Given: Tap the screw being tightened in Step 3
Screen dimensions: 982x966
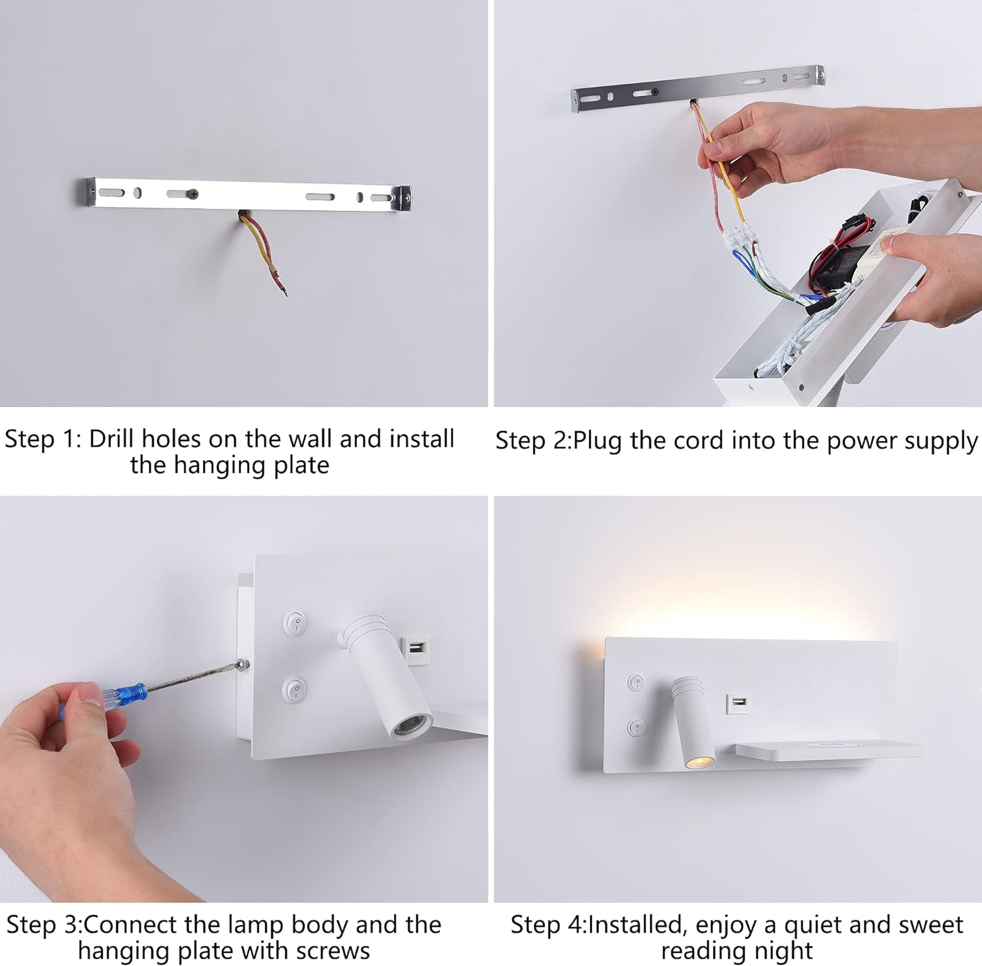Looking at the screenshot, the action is (x=244, y=665).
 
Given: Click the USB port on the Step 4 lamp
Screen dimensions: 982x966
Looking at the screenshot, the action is (x=738, y=703).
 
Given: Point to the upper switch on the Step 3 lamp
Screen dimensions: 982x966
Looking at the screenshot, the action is (x=295, y=622).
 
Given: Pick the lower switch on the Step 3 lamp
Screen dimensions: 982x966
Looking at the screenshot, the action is (x=295, y=689).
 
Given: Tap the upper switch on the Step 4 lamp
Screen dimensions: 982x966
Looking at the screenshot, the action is (x=636, y=683).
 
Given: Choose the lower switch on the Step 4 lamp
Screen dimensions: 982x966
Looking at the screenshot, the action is (x=636, y=726).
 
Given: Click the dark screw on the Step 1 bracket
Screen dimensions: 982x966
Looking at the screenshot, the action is (x=192, y=194).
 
